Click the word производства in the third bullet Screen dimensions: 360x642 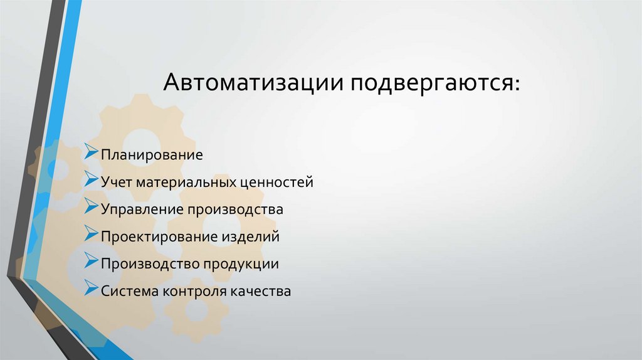(234, 210)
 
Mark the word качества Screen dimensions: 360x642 (262, 292)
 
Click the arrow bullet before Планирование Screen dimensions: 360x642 (90, 152)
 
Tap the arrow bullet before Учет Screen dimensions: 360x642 (90, 180)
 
